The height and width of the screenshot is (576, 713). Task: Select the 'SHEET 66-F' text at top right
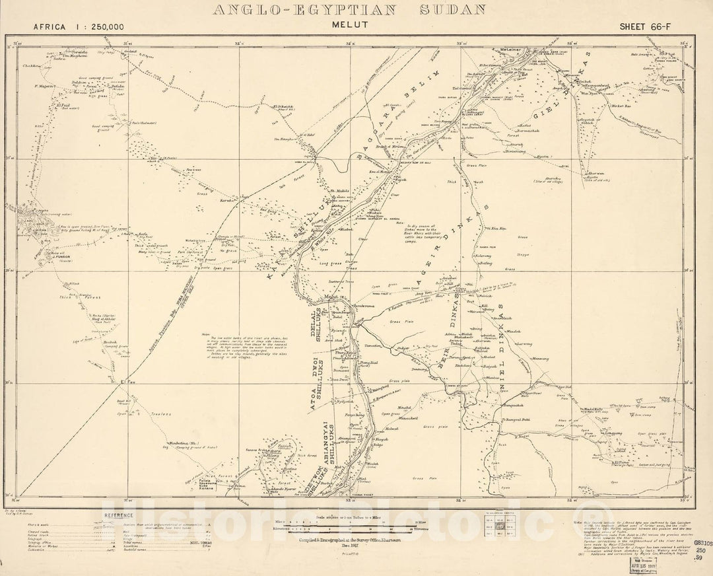(x=644, y=26)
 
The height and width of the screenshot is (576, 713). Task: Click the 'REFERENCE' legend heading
(x=118, y=516)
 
